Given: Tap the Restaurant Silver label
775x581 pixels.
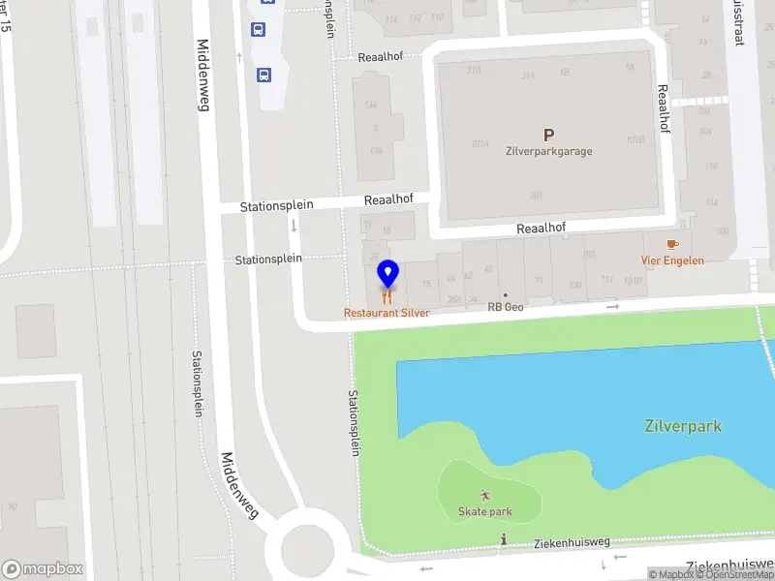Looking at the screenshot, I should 387,313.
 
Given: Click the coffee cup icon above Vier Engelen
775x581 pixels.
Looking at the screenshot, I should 672,245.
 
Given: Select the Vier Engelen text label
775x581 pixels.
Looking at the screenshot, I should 672,260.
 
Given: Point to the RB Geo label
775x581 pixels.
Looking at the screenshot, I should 505,307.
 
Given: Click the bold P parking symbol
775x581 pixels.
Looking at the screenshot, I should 548,136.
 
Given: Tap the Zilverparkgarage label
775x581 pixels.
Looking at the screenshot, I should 548,151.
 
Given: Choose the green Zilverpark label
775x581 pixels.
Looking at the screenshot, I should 683,426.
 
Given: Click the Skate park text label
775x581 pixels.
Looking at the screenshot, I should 485,511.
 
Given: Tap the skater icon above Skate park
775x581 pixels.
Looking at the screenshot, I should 485,496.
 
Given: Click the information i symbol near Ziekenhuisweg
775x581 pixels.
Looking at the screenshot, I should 503,538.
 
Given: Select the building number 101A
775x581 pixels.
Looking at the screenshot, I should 480,143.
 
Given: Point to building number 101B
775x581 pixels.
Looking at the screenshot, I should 635,139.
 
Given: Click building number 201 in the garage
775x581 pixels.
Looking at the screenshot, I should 536,196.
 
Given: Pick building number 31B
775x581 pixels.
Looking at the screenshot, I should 474,70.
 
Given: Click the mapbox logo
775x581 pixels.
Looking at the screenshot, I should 43,568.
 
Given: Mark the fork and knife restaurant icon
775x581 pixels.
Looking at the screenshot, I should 387,297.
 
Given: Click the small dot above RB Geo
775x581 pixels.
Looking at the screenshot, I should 505,293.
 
